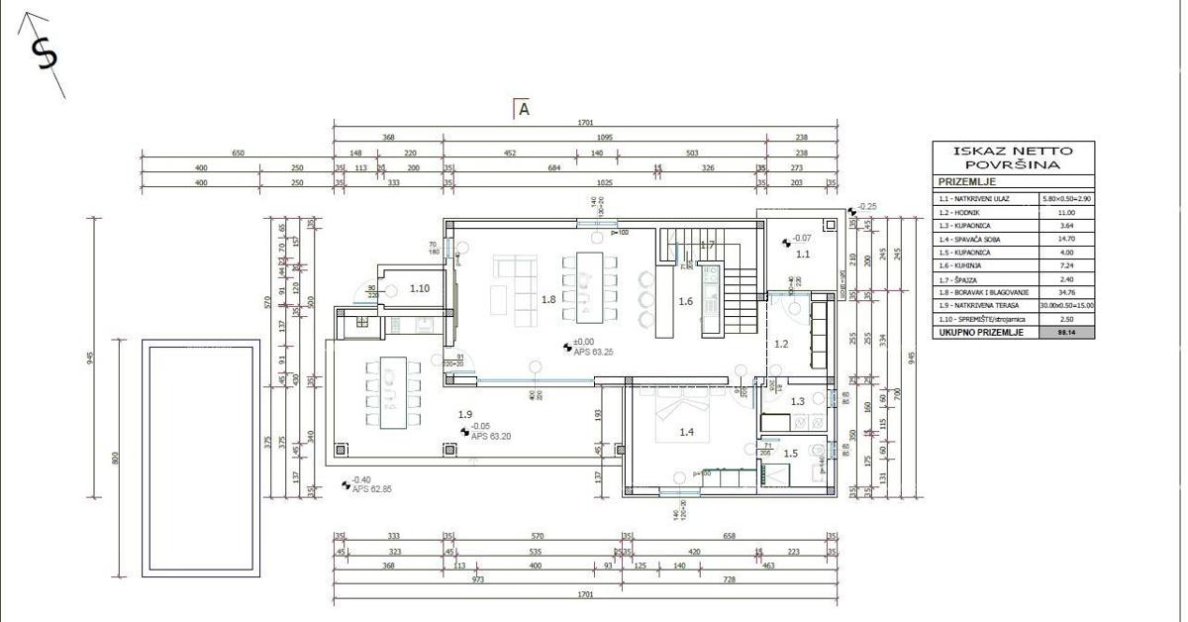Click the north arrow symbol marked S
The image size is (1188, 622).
(45, 54)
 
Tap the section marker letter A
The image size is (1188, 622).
(525, 110)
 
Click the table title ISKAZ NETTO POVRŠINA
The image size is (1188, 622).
(1014, 158)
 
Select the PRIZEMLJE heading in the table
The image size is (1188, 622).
(966, 182)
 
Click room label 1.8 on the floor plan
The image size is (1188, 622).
(547, 298)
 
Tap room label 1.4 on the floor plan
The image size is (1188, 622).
(686, 432)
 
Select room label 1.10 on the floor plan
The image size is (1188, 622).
(419, 289)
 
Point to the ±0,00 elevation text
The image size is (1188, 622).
(586, 342)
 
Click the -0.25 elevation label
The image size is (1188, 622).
(867, 207)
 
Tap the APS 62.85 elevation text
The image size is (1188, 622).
(371, 489)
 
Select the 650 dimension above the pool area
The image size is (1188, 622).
(238, 154)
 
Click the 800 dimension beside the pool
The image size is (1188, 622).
(116, 458)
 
